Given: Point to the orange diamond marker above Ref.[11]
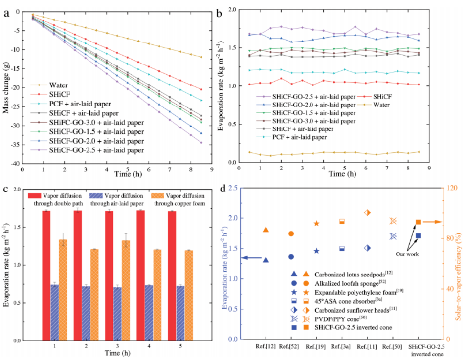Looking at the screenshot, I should click(x=367, y=212).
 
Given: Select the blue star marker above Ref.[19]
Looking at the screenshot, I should click(x=316, y=251).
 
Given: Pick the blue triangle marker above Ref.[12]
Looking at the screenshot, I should click(x=266, y=260).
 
